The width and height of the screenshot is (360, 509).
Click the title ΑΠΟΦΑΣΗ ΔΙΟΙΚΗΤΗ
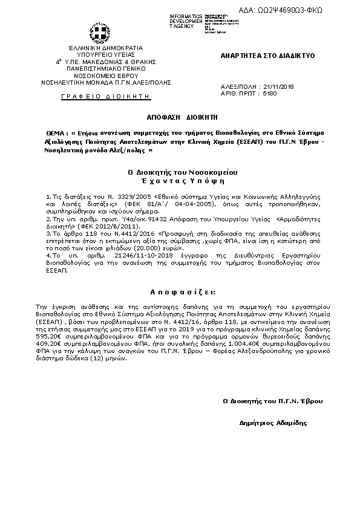click(x=180, y=114)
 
